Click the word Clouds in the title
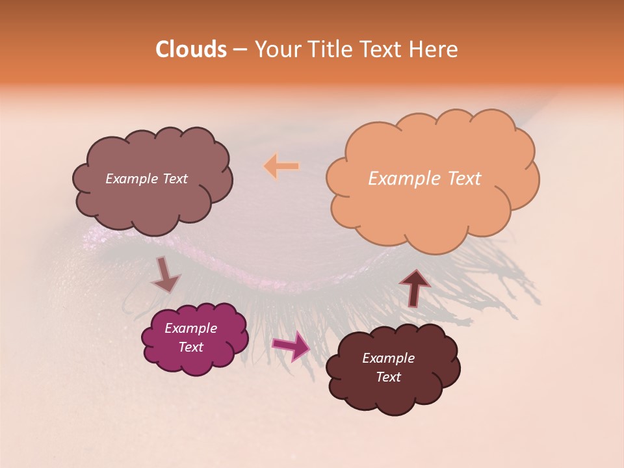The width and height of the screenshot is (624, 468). tap(190, 49)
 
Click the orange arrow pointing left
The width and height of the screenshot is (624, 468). tap(281, 166)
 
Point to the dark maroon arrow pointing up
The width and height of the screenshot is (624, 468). tap(414, 287)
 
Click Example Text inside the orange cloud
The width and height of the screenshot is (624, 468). tap(424, 179)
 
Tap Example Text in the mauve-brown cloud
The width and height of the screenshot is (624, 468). tap(146, 179)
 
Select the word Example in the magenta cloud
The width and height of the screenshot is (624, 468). tap(190, 328)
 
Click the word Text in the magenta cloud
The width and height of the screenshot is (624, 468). tap(190, 347)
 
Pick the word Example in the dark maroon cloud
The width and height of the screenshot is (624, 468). tap(388, 358)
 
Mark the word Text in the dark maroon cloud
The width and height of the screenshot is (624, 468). tap(388, 377)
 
